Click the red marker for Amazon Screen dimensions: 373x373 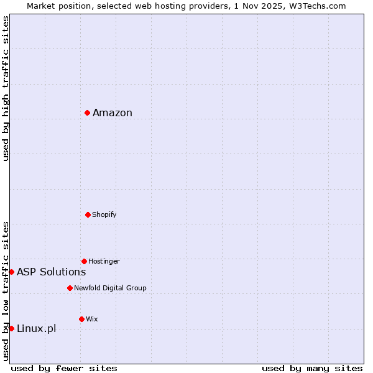pos(88,113)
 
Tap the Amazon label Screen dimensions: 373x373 pos(113,113)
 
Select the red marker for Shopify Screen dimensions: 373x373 pos(88,214)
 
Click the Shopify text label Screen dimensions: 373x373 pos(104,215)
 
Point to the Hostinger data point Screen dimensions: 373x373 pos(84,261)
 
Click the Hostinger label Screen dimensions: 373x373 pos(104,262)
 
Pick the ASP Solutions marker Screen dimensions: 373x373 pos(11,272)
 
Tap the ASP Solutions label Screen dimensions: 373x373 pos(52,272)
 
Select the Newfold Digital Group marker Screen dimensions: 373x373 pos(70,288)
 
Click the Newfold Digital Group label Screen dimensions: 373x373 pos(110,288)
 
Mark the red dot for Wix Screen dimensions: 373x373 pos(81,319)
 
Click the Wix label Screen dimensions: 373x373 pos(92,320)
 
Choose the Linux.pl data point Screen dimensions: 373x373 pos(11,328)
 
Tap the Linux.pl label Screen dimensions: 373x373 pos(36,328)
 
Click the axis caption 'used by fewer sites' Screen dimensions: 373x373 pos(64,369)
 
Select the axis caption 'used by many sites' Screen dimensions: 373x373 pos(312,369)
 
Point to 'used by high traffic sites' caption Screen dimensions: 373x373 pos(6,88)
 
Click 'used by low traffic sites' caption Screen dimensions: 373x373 pos(6,290)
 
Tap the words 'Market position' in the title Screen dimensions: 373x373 pos(55,6)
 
